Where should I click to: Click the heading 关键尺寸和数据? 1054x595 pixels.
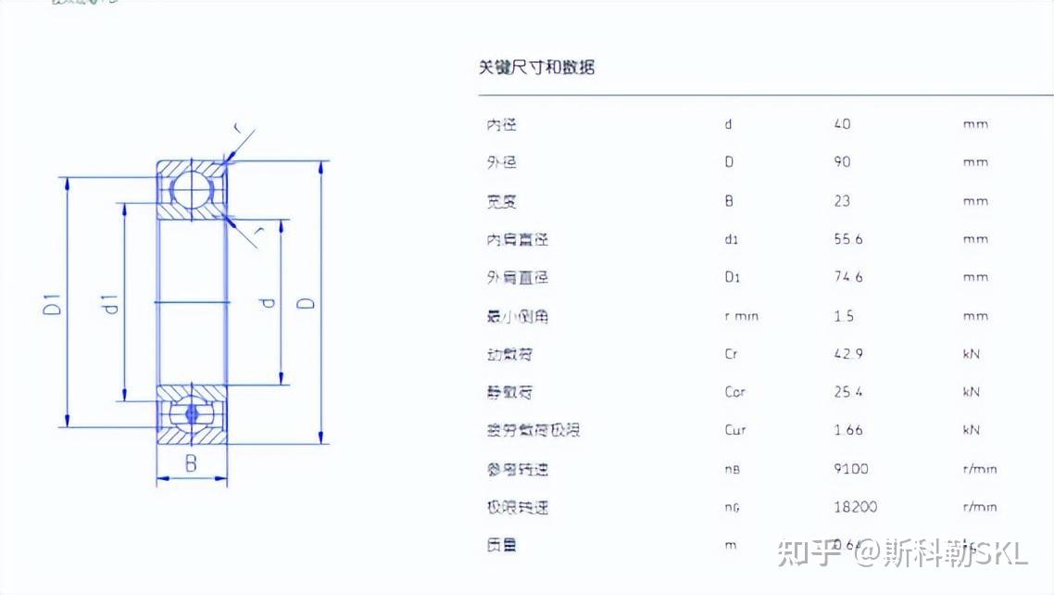[536, 67]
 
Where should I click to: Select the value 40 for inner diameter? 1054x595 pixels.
[842, 124]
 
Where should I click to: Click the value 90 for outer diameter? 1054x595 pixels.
[842, 162]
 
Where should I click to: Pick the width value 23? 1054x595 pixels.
[842, 201]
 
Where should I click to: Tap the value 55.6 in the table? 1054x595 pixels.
[847, 239]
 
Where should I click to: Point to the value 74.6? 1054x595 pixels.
[847, 277]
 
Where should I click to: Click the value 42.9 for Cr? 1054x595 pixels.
[847, 354]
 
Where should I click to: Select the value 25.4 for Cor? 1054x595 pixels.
[847, 392]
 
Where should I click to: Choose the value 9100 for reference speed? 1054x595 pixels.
[851, 469]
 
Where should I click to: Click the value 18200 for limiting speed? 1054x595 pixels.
[855, 507]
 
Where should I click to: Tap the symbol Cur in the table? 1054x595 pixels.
[734, 430]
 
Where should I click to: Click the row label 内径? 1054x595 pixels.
[501, 124]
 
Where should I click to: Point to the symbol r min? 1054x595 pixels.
[741, 316]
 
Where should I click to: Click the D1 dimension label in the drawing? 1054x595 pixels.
[55, 303]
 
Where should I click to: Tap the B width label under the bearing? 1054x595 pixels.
[191, 464]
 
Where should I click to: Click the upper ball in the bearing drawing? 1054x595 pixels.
[192, 189]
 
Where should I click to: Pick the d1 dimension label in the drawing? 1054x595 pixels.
[110, 303]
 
